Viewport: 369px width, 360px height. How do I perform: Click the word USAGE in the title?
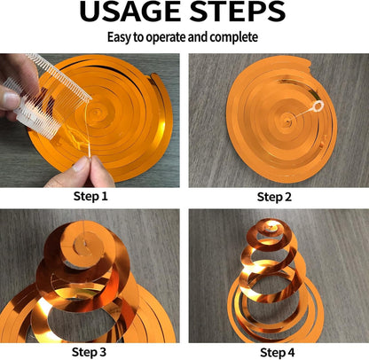[130, 12]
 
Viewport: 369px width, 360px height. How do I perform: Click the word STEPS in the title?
[237, 12]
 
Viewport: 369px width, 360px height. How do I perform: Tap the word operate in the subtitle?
[166, 38]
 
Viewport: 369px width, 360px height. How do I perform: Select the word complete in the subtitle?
[233, 37]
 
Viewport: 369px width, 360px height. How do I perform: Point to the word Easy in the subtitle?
[119, 37]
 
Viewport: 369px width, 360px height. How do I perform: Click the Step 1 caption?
[90, 196]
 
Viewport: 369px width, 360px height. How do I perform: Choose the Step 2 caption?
[274, 197]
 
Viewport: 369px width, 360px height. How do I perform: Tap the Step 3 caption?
[89, 352]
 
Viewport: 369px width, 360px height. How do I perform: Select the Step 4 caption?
[278, 353]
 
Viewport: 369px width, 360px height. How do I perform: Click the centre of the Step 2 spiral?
[287, 120]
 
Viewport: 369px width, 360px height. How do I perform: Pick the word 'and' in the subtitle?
[198, 37]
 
